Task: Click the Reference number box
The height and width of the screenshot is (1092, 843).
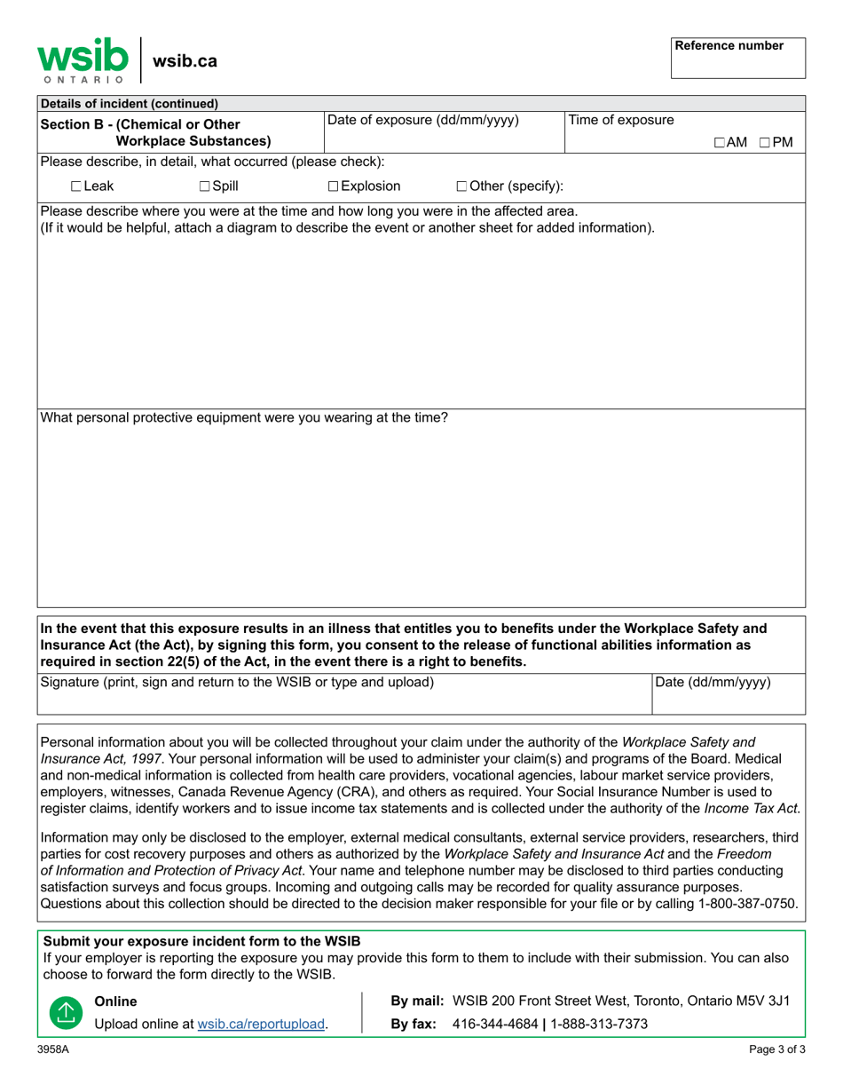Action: pos(738,59)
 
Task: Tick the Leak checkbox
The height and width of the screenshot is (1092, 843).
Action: pos(76,186)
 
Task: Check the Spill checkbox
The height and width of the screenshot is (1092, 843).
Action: pos(205,186)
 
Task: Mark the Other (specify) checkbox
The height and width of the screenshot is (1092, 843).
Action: pos(462,186)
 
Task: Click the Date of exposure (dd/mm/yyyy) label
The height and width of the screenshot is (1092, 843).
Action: pos(423,121)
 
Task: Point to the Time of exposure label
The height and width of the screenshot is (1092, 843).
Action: pos(620,121)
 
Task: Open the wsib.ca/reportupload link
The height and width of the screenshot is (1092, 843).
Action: pos(262,1024)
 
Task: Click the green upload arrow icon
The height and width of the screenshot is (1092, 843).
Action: pos(64,1012)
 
